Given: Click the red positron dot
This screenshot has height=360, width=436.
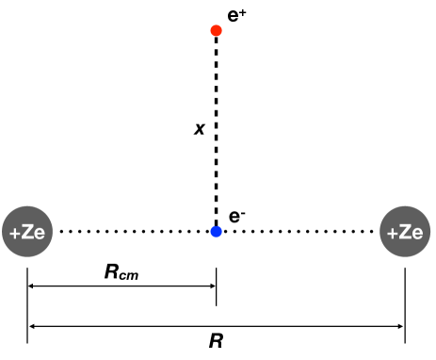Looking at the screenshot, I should click(x=217, y=31).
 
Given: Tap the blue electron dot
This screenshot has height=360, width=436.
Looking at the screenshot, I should click(x=217, y=230).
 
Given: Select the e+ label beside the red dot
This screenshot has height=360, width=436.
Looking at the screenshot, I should click(x=237, y=14).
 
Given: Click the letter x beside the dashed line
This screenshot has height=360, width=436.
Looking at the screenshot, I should click(x=199, y=128).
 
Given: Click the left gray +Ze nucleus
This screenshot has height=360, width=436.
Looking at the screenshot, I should click(x=29, y=230).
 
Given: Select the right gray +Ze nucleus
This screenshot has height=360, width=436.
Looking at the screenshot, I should click(x=405, y=230).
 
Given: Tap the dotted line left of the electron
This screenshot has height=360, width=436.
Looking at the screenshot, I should click(x=132, y=230).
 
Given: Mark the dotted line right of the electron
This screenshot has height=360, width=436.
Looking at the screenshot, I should click(x=301, y=230).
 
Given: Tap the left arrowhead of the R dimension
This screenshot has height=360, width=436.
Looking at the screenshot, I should click(x=34, y=326).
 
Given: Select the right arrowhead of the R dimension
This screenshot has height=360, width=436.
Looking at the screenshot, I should click(x=399, y=326).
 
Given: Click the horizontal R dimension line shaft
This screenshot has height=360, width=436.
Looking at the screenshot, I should click(x=283, y=326).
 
